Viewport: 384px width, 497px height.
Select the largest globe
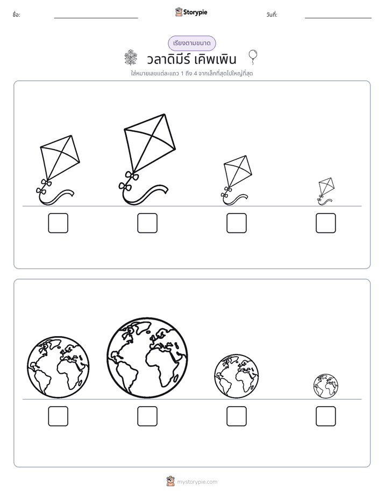pyautogui.click(x=147, y=358)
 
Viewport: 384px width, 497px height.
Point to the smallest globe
pyautogui.click(x=326, y=386)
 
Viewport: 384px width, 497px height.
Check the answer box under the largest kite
pyautogui.click(x=147, y=223)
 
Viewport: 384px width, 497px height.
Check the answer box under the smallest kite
pyautogui.click(x=326, y=223)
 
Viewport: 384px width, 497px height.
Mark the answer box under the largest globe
pyautogui.click(x=147, y=416)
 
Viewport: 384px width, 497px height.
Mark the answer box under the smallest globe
pyautogui.click(x=326, y=416)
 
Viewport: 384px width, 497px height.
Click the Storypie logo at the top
pyautogui.click(x=191, y=12)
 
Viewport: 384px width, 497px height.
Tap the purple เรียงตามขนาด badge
pyautogui.click(x=191, y=43)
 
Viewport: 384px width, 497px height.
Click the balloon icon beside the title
pyautogui.click(x=253, y=57)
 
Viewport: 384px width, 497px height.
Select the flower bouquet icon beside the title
pyautogui.click(x=131, y=58)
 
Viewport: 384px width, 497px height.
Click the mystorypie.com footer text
pyautogui.click(x=197, y=482)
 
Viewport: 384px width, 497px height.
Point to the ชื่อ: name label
pyautogui.click(x=17, y=15)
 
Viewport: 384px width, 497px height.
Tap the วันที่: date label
pyautogui.click(x=272, y=15)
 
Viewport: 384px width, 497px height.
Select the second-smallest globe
pyautogui.click(x=236, y=376)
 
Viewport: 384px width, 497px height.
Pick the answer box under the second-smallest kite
pyautogui.click(x=237, y=223)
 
